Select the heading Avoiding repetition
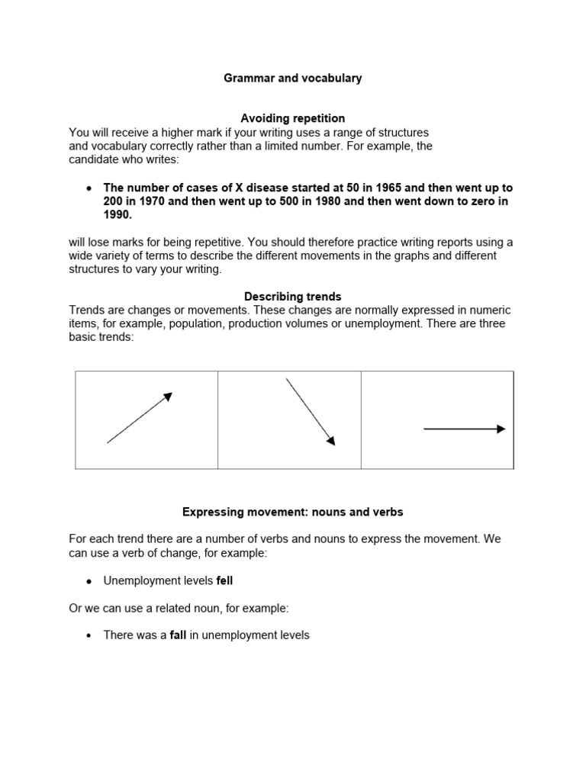(x=293, y=118)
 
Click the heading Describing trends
(x=293, y=296)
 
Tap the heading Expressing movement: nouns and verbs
(x=293, y=512)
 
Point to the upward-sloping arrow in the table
(x=140, y=417)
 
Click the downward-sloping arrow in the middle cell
(x=310, y=411)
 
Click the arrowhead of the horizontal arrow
(x=501, y=429)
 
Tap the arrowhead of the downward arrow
(x=330, y=439)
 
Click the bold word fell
(x=224, y=580)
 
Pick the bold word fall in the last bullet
(x=178, y=635)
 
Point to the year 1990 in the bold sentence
(x=118, y=215)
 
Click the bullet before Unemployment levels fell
(x=89, y=581)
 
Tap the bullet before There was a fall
(x=89, y=635)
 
